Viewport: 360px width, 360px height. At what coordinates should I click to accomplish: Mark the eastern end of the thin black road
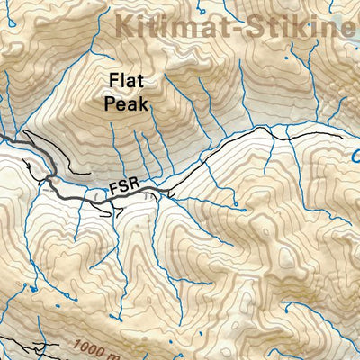359,137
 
